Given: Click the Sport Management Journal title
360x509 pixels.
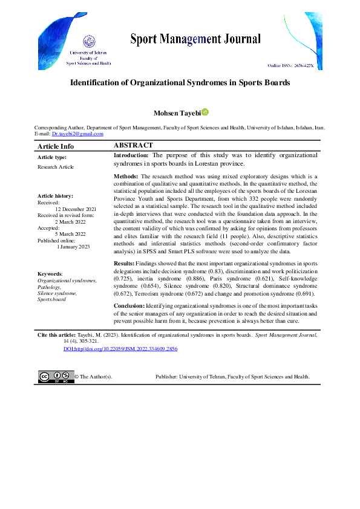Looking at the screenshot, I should [195, 40].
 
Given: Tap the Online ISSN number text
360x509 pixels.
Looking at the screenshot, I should [291, 64].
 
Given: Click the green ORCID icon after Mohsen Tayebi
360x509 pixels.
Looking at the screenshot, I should [205, 112].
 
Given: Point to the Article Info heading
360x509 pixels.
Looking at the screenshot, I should [56, 146].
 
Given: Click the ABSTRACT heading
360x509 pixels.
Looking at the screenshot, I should [133, 146].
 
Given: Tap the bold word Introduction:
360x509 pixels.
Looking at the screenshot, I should [131, 155].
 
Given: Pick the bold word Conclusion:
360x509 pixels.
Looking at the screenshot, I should [129, 306].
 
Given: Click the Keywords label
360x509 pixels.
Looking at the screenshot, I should [50, 274].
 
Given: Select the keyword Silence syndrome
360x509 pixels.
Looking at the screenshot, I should [57, 293].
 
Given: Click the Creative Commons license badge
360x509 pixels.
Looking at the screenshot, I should [56, 376].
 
